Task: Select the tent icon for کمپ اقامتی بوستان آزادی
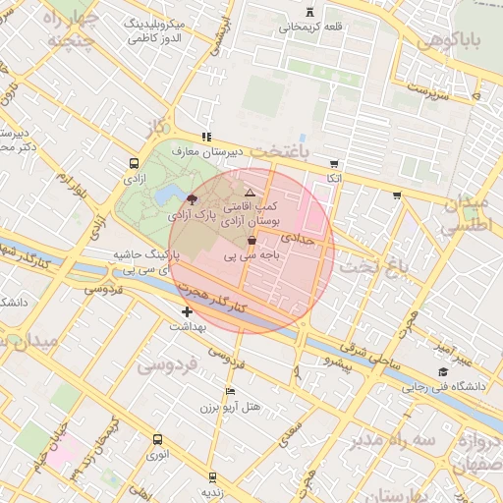tap(250, 193)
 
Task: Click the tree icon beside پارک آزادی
tap(191, 199)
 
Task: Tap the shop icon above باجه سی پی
tap(252, 240)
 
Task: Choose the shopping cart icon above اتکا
tap(334, 164)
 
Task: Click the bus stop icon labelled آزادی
tap(134, 165)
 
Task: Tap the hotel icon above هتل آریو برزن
tap(230, 392)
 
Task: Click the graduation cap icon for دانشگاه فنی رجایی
tap(444, 372)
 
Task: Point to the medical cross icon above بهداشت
tap(187, 311)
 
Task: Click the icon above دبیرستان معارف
tap(205, 138)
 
